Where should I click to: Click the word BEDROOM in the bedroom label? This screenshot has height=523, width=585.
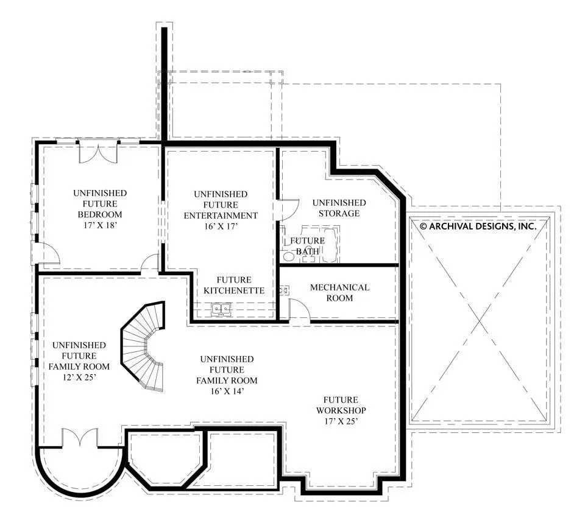(x=99, y=215)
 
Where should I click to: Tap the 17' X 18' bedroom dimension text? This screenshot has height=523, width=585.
(x=99, y=225)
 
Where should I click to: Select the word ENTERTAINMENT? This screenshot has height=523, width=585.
(x=221, y=216)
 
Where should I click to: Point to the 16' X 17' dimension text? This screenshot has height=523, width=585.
(x=221, y=226)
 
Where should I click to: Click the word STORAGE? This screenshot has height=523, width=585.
(x=339, y=214)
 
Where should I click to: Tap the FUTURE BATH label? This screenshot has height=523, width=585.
(x=307, y=246)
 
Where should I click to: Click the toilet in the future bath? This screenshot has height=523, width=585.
(x=288, y=256)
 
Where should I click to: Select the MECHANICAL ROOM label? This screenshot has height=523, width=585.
(x=339, y=293)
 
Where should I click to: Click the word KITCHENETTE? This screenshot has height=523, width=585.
(x=234, y=291)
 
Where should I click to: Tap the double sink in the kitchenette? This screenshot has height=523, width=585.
(x=221, y=309)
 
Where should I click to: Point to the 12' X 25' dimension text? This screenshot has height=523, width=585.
(x=79, y=377)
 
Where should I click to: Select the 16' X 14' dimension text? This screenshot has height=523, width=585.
(x=227, y=391)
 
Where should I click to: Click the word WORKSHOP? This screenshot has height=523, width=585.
(x=341, y=410)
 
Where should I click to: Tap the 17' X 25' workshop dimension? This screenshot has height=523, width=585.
(x=341, y=421)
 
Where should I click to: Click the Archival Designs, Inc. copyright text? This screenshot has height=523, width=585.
(x=478, y=226)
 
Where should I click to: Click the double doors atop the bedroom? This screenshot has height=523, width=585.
(x=98, y=152)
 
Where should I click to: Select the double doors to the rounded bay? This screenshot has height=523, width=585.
(x=80, y=437)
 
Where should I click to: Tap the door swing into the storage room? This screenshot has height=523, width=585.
(x=289, y=209)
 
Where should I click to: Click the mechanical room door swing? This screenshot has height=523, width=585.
(x=300, y=309)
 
